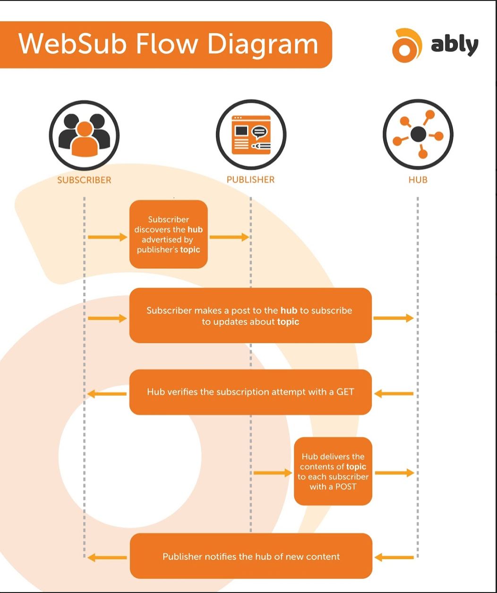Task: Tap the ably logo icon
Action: [x=406, y=45]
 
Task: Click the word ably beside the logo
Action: [x=454, y=45]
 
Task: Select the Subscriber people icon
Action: [x=84, y=135]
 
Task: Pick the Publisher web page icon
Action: [x=251, y=135]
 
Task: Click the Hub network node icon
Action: [x=418, y=135]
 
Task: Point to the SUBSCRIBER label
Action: [x=84, y=180]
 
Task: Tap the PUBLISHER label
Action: [x=250, y=180]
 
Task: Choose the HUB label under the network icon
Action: [x=418, y=180]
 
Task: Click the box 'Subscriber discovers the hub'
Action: [x=169, y=235]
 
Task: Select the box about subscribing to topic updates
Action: [x=250, y=315]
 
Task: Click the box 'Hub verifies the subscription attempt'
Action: [x=250, y=392]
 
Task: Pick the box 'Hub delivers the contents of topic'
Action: [x=333, y=471]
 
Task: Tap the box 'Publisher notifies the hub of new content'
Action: [x=251, y=556]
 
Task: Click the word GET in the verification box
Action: [x=345, y=392]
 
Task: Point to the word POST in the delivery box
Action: [x=345, y=487]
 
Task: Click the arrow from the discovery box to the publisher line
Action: [x=229, y=237]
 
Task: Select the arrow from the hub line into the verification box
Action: [x=394, y=393]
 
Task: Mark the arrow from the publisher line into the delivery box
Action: [x=273, y=472]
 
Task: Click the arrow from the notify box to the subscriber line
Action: [x=107, y=558]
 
